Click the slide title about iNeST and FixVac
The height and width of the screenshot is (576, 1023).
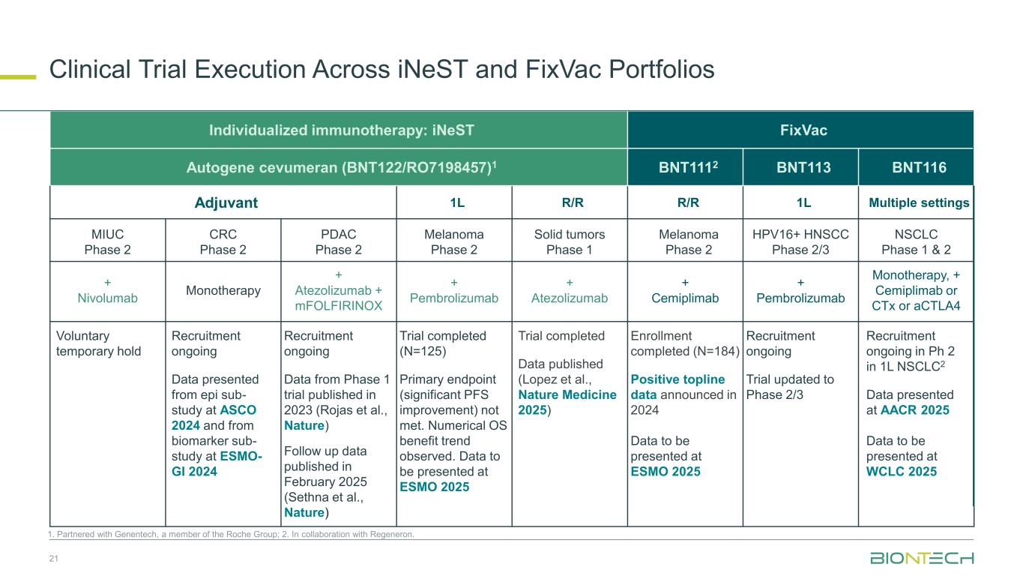click(381, 70)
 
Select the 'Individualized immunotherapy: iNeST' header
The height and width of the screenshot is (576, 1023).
click(338, 130)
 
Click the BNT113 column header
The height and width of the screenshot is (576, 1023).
click(800, 167)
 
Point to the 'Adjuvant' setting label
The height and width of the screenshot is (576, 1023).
click(223, 202)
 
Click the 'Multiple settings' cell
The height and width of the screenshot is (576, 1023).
click(919, 202)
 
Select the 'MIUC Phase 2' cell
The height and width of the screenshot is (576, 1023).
click(107, 241)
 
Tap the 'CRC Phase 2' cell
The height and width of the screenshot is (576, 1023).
click(223, 241)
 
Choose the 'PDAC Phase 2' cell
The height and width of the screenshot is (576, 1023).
click(338, 241)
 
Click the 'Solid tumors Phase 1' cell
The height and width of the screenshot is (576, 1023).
click(570, 241)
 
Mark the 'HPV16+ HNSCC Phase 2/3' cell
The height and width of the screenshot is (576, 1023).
click(800, 241)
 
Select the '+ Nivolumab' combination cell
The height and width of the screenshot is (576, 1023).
click(107, 291)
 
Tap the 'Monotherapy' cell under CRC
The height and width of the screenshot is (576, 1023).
click(223, 290)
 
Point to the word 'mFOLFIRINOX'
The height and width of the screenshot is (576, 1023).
click(338, 306)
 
